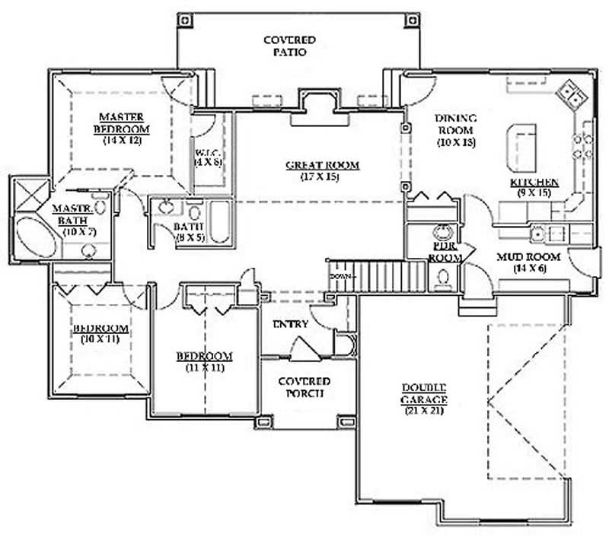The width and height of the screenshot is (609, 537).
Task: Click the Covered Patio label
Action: coord(289,46)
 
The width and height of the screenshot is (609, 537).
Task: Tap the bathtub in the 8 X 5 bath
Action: coord(219,222)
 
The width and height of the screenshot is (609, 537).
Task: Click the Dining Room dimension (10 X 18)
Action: coord(455,142)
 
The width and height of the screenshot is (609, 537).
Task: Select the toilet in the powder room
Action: coord(442,281)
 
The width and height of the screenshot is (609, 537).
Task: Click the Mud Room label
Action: coord(528,257)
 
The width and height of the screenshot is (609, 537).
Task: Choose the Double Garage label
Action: coord(425,393)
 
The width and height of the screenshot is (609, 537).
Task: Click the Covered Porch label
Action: coord(303,387)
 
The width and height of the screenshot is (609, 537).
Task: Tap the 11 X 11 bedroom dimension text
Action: coord(205,367)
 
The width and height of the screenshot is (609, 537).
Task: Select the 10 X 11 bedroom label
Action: coord(100,329)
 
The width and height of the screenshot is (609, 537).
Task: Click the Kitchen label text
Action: coord(534,183)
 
